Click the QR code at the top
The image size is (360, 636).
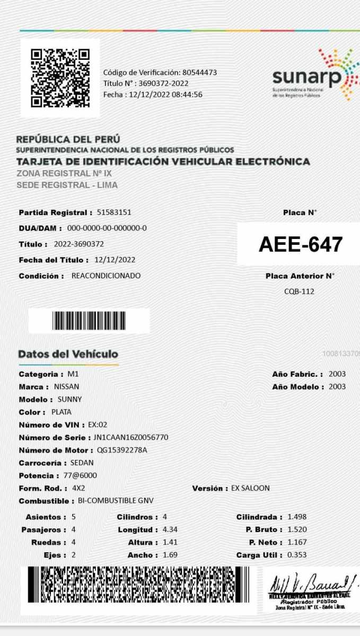(60, 78)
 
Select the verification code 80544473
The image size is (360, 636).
(199, 72)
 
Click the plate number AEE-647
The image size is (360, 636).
(300, 244)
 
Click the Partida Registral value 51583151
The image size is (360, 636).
(114, 213)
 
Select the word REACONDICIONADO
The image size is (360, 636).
(106, 276)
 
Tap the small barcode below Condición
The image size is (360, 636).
(89, 321)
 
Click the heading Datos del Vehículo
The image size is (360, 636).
(68, 354)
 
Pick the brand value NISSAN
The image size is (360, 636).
(66, 387)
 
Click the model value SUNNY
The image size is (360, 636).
(69, 400)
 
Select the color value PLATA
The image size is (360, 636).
(61, 412)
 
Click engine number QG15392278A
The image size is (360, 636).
(122, 450)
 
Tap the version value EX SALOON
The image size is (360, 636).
(250, 488)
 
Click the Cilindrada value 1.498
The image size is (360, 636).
(297, 517)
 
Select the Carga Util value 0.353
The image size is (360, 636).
(297, 555)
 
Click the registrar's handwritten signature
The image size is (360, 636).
(309, 585)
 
